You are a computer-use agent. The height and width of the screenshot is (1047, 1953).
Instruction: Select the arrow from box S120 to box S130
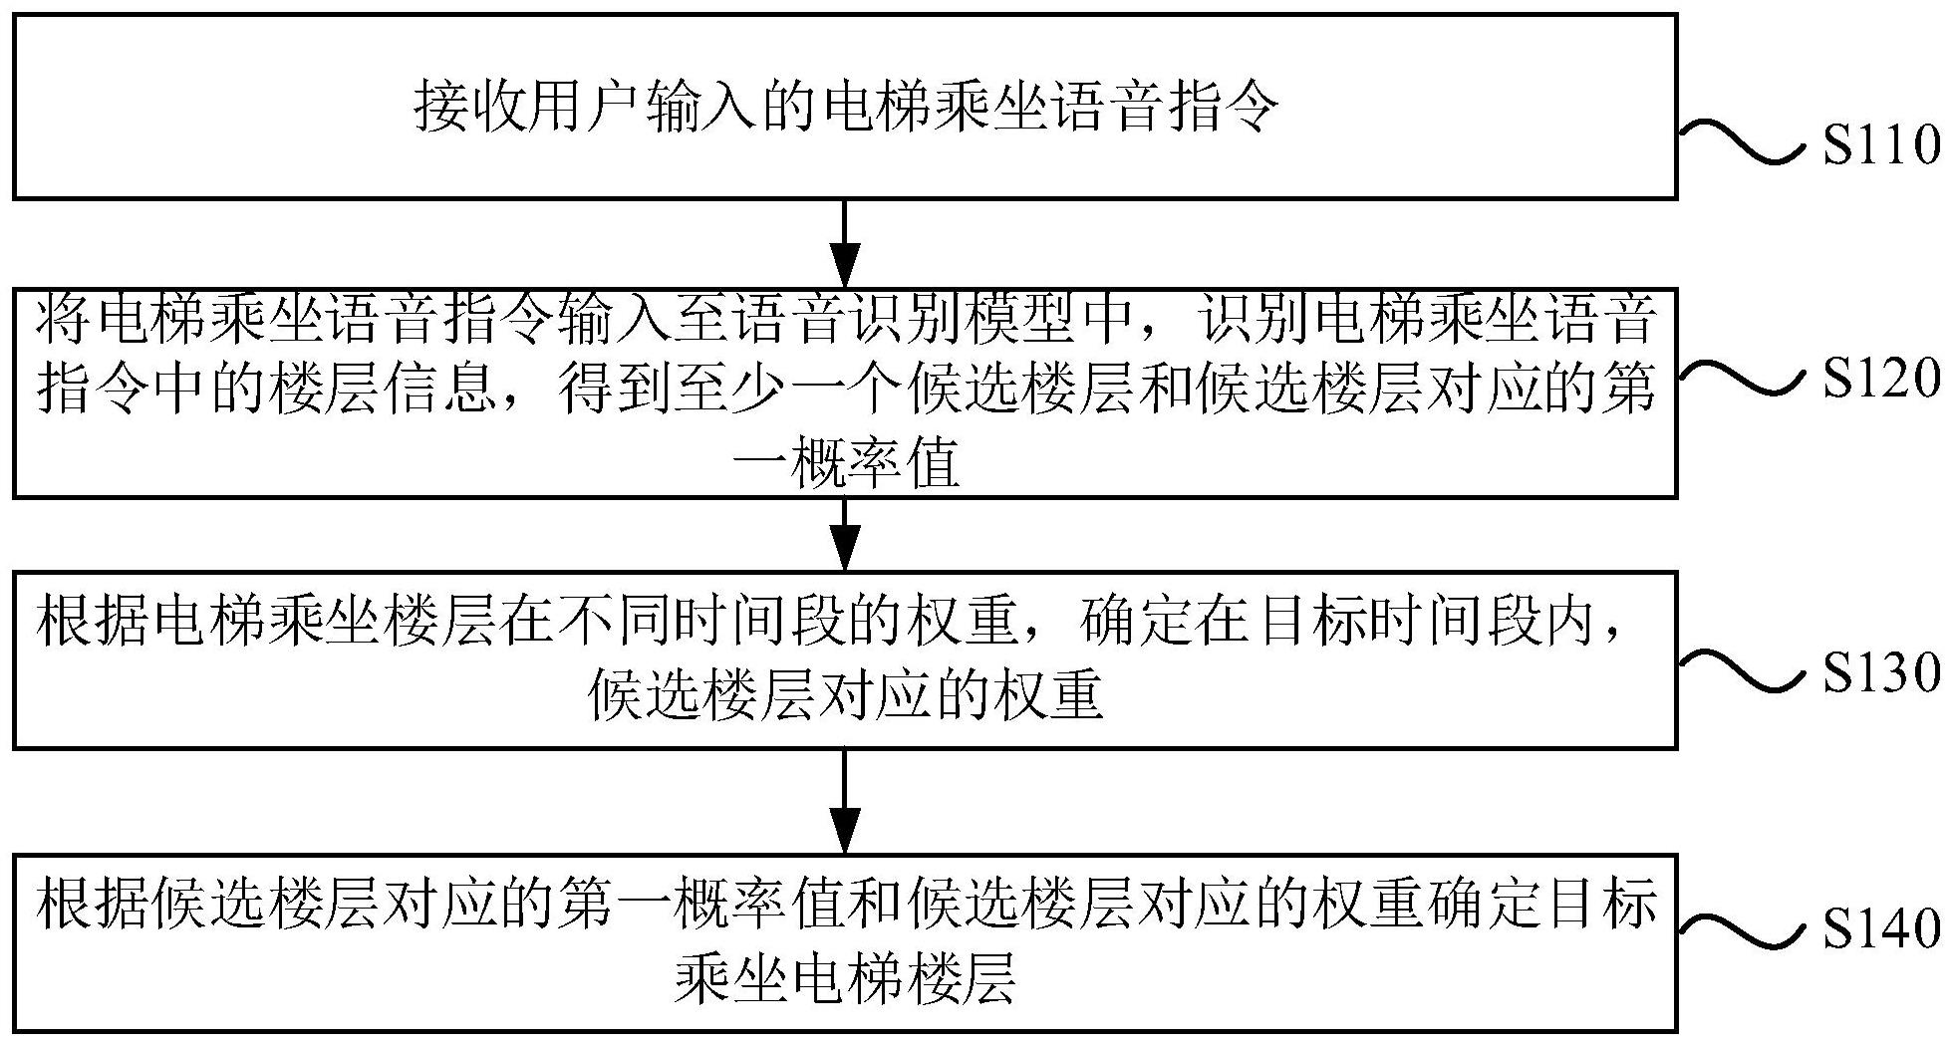[845, 534]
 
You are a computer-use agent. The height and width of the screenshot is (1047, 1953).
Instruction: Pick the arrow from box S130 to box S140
[845, 800]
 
